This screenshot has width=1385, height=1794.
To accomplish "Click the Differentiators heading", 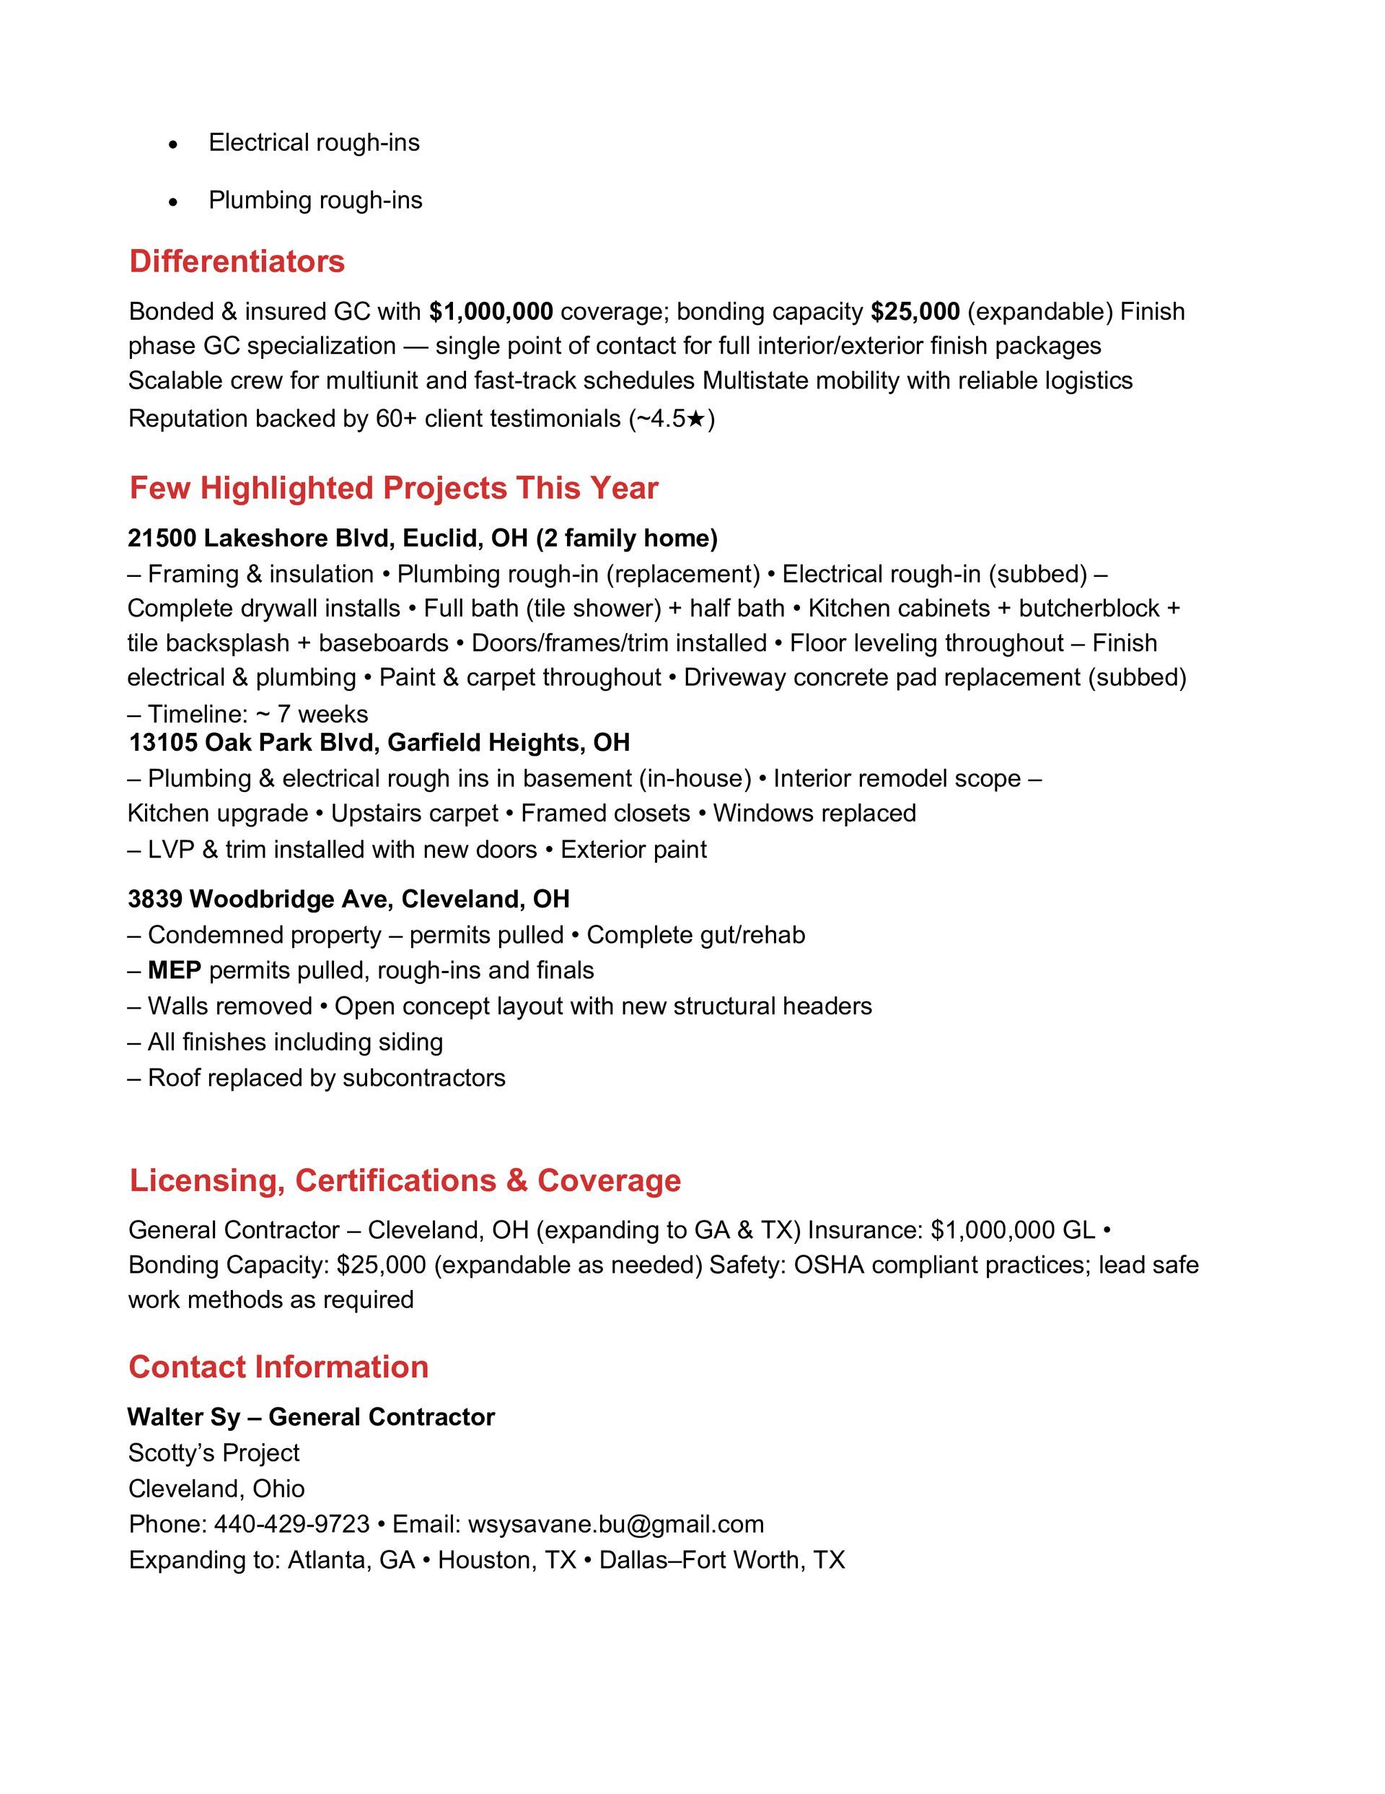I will [237, 261].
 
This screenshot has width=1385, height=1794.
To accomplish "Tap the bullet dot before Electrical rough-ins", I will [172, 144].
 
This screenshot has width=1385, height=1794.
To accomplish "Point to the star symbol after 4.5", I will [695, 419].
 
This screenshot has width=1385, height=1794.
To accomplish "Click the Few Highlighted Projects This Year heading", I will [393, 488].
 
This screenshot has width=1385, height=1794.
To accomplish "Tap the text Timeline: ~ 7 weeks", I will [257, 713].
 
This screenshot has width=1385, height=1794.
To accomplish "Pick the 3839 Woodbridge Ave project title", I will [348, 899].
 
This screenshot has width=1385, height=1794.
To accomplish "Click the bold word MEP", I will [174, 970].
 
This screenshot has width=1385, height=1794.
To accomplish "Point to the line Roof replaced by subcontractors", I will [325, 1078].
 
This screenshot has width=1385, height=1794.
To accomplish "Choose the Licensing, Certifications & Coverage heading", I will [405, 1180].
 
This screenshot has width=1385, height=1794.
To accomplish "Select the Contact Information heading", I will [278, 1367].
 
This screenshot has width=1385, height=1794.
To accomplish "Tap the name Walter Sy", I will [184, 1417].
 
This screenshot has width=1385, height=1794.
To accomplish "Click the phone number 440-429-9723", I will [291, 1524].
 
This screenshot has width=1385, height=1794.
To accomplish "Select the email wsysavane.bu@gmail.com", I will [616, 1524].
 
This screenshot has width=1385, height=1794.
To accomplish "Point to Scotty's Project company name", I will [214, 1453].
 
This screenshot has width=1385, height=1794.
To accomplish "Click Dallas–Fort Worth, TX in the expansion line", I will [721, 1560].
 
